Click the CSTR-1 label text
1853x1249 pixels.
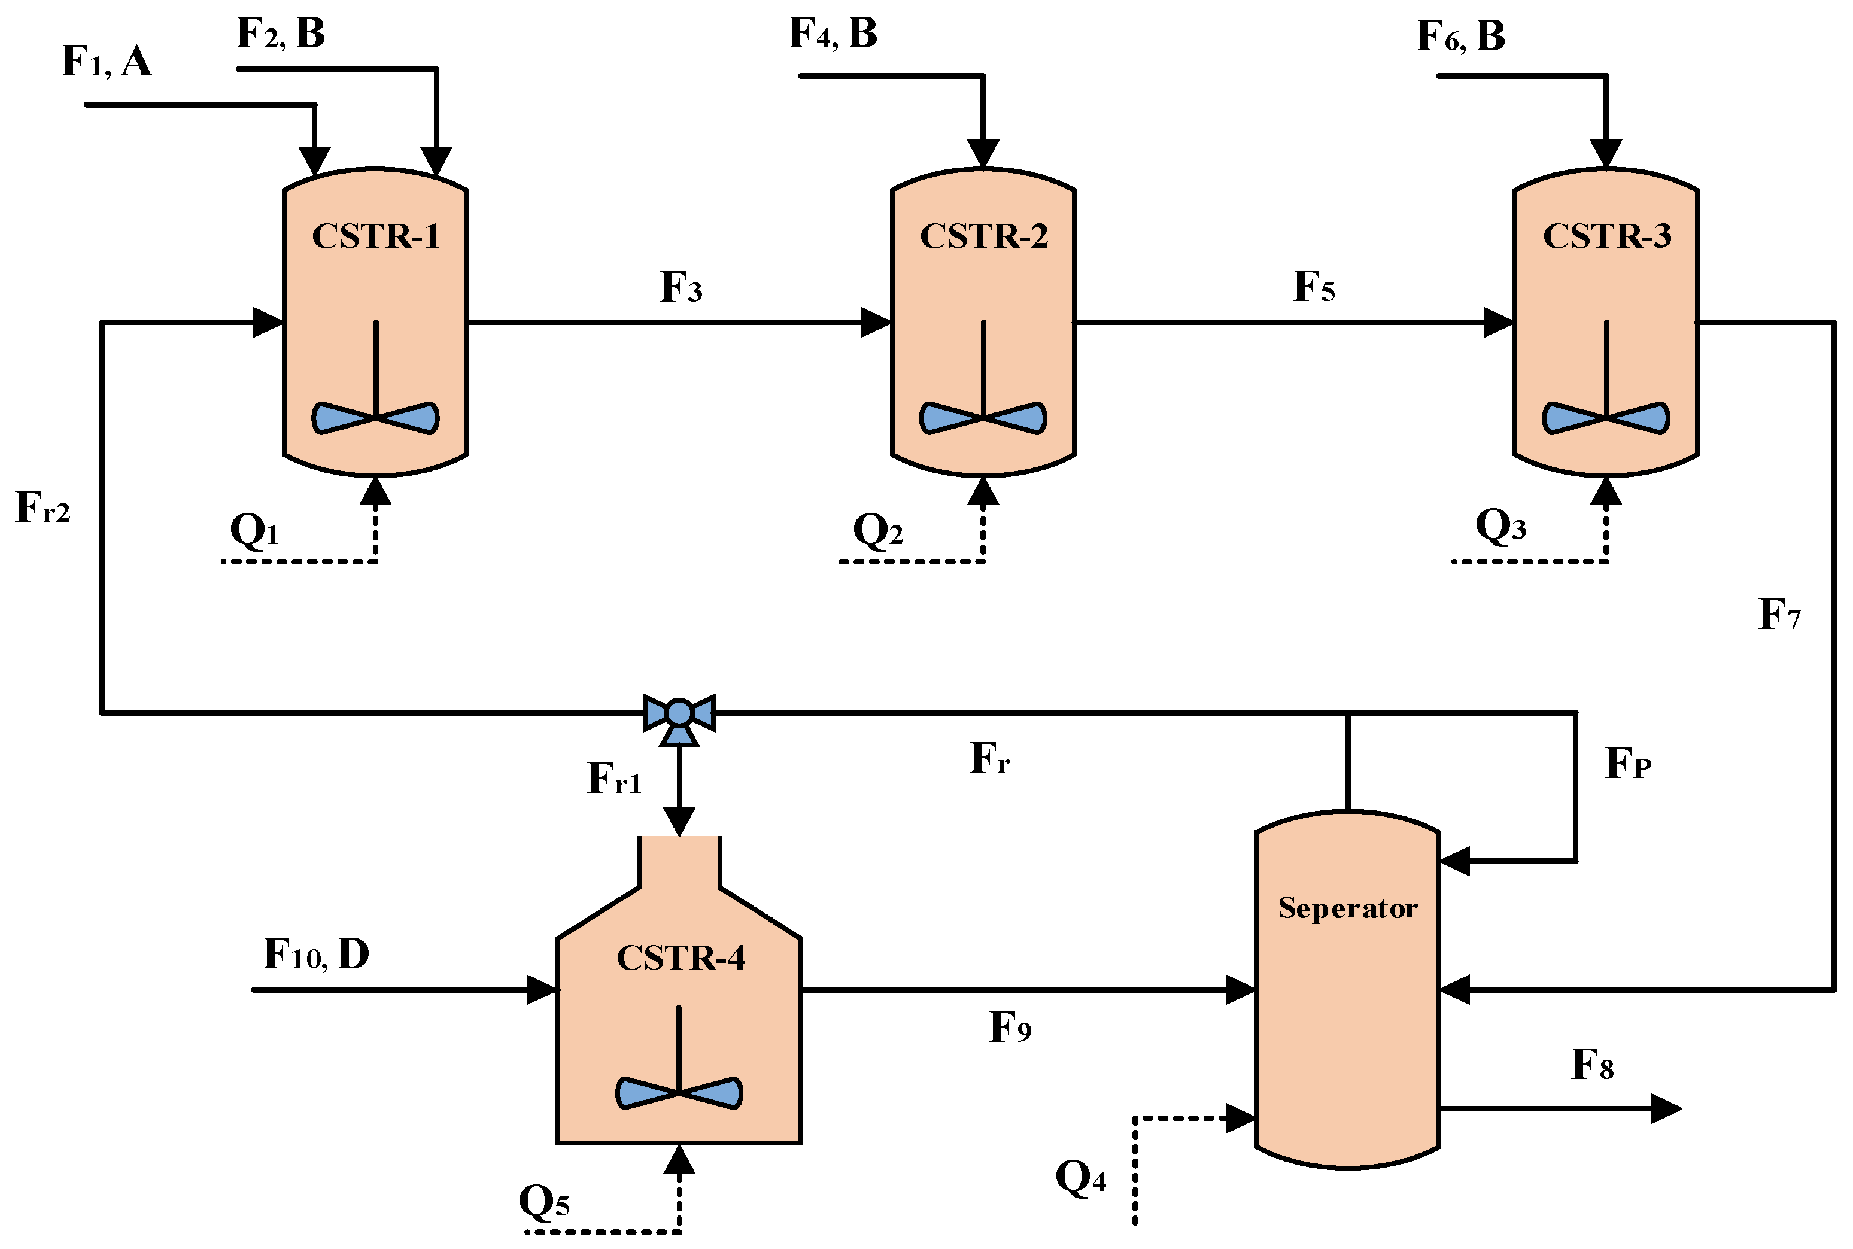click(375, 236)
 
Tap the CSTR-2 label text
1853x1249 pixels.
click(984, 236)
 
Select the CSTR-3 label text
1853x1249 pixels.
click(1607, 236)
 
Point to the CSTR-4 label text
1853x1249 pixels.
click(681, 958)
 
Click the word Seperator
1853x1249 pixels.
click(1348, 908)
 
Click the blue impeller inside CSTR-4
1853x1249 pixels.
click(679, 1093)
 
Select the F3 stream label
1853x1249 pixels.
click(681, 287)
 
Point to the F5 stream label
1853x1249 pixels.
click(1314, 287)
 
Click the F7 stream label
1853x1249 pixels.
click(1779, 614)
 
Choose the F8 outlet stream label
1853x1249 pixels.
click(1593, 1065)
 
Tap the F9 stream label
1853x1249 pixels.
click(1010, 1028)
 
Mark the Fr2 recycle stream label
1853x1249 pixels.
click(43, 507)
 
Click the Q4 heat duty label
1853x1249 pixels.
click(1081, 1177)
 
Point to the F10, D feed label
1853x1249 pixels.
click(316, 953)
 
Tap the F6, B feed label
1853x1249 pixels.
click(1460, 36)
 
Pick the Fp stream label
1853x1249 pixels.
click(1629, 763)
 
